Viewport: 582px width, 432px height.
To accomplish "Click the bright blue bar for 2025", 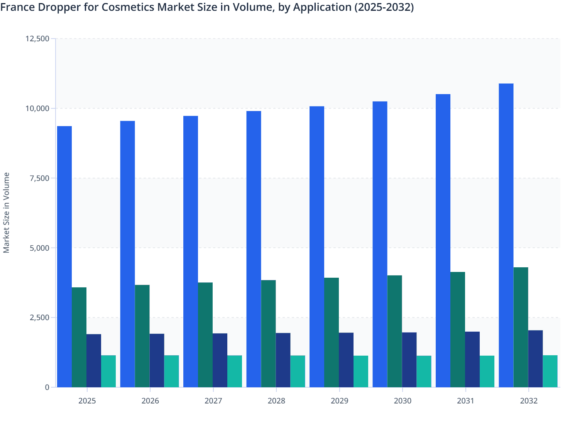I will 64,256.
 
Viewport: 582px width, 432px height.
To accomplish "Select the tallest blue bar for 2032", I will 506,235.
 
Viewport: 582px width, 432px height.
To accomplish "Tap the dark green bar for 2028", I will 268,334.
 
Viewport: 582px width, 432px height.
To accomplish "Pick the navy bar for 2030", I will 409,360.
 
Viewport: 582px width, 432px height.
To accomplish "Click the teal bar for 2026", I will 171,371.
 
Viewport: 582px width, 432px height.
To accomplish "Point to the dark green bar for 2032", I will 521,327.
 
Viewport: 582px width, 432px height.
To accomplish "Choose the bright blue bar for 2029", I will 317,247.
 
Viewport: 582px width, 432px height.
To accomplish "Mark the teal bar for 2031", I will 487,371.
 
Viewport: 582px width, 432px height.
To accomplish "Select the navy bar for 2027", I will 220,360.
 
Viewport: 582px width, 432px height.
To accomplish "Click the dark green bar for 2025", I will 79,337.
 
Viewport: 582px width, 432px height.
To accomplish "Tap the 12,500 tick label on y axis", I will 37,39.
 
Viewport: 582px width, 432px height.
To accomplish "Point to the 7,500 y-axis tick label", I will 39,178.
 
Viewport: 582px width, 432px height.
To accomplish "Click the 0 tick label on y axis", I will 47,387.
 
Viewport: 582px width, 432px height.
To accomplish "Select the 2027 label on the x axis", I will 213,401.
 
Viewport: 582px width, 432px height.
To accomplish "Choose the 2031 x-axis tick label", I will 466,401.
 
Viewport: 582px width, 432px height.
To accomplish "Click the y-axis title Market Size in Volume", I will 6,213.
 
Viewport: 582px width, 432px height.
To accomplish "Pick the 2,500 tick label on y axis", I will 39,317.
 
